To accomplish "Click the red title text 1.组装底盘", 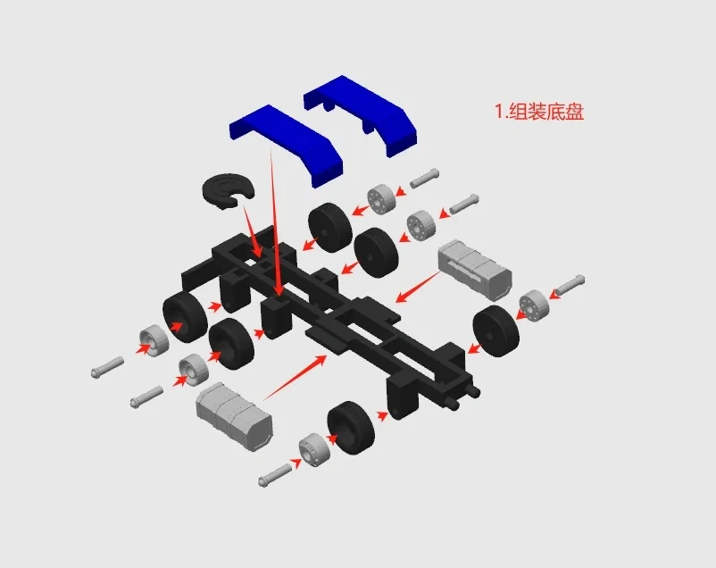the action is click(x=539, y=112).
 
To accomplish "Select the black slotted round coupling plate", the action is click(x=227, y=190).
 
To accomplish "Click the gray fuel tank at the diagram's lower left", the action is click(x=234, y=416).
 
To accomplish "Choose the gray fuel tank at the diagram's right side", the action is click(x=474, y=270).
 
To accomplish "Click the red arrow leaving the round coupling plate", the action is click(x=253, y=231).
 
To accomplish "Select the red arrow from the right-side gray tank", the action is click(x=417, y=287).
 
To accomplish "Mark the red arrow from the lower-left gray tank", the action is click(x=295, y=377).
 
